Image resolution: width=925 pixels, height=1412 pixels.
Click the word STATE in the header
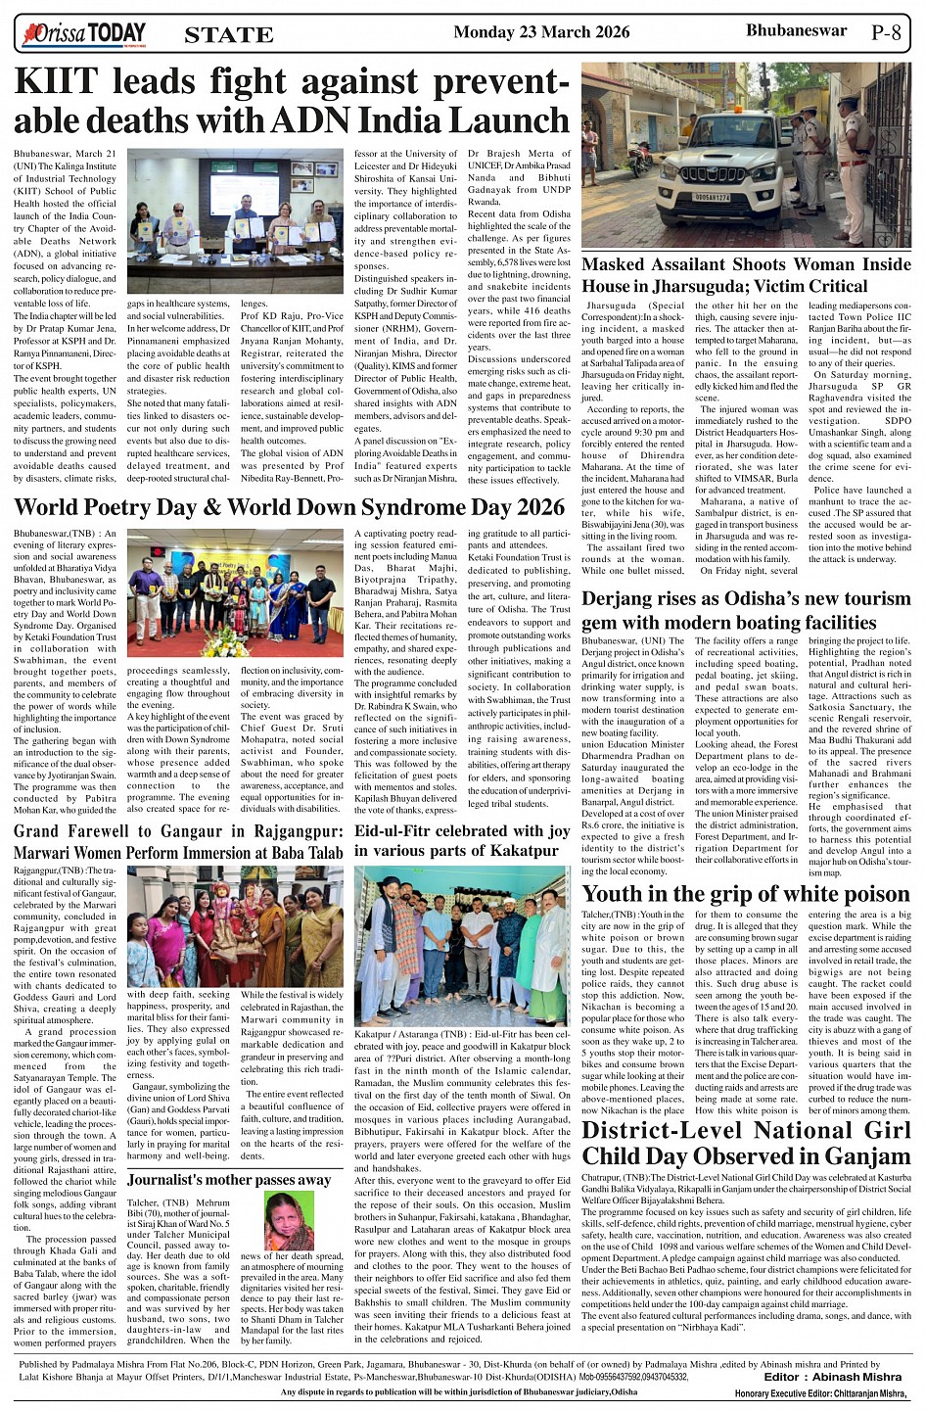228,35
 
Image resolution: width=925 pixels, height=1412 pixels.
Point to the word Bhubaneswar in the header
796,30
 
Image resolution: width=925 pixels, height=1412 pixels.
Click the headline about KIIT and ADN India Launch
291,101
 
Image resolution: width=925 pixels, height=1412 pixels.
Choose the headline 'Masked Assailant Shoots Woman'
746,275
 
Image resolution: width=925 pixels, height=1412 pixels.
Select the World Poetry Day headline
290,507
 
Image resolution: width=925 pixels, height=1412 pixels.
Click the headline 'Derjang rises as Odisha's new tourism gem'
746,610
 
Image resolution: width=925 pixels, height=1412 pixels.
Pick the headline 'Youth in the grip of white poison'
746,893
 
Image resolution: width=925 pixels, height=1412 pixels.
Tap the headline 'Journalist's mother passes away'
229,1180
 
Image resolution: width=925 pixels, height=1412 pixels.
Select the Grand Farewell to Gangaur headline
178,841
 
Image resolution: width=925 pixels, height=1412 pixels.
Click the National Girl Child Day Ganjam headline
746,1143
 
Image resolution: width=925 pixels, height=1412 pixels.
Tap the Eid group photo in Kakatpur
462,945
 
